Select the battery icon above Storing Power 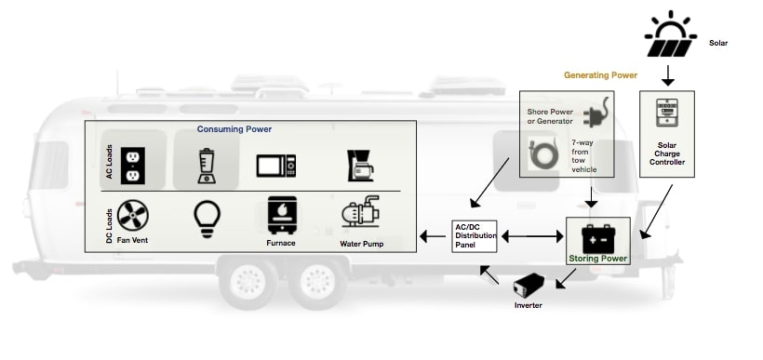597,235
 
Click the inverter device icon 529,284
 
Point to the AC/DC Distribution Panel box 475,237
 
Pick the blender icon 206,165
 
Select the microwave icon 276,166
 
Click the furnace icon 278,215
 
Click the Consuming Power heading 241,128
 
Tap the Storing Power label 598,258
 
